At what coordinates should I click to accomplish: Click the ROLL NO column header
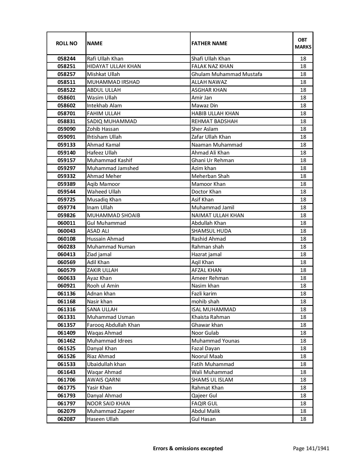tap(66, 43)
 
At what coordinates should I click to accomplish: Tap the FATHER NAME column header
tap(209, 43)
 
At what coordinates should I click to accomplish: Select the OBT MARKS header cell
tap(303, 43)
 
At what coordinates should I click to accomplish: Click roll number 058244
tap(66, 59)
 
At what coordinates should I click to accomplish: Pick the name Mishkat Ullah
tap(103, 74)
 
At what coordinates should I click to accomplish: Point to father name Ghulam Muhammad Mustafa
tap(227, 74)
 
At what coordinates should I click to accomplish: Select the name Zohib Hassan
tap(103, 129)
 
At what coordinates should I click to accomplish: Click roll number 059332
tap(66, 176)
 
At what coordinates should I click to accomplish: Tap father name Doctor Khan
tap(206, 192)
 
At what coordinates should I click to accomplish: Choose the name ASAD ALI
tap(98, 231)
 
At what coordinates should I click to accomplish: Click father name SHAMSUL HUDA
tap(211, 231)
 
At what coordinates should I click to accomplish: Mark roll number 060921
tap(66, 286)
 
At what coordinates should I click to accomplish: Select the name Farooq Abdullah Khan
tap(114, 325)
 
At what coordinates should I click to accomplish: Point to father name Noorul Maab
tap(207, 356)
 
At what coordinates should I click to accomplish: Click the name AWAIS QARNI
tap(104, 380)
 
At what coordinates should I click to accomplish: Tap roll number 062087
tap(66, 419)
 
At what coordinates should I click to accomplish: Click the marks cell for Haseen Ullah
tap(303, 419)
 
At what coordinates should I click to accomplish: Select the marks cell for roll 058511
tap(303, 82)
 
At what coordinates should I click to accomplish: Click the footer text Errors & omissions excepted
tap(188, 448)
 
